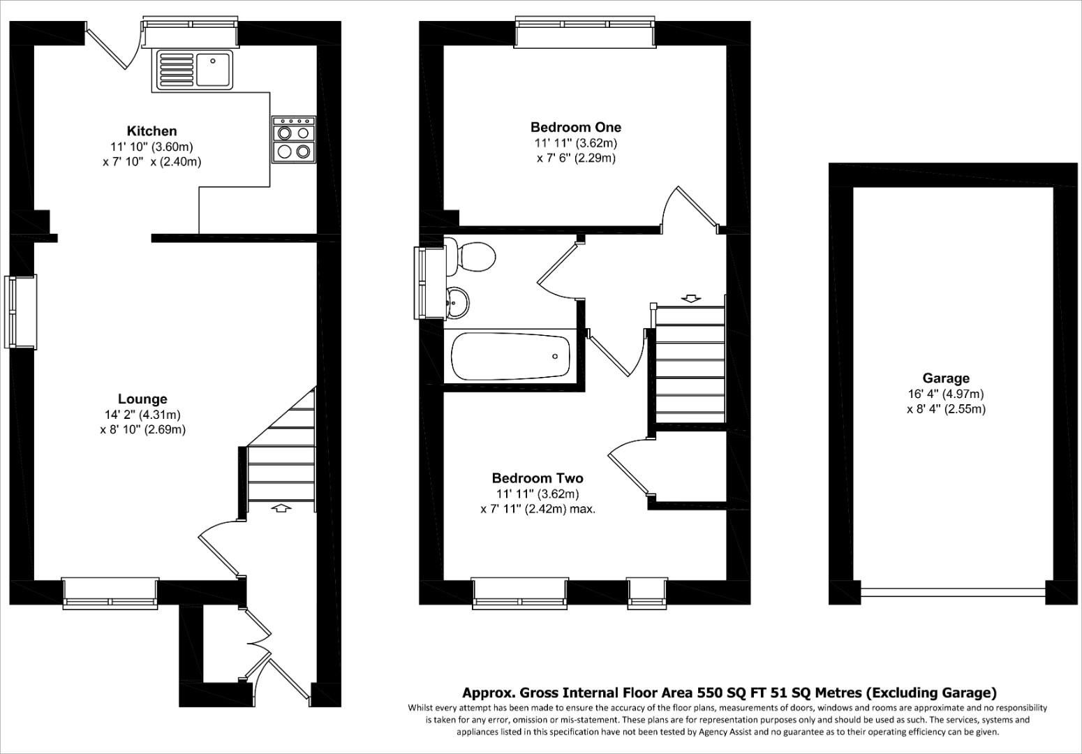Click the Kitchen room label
click(x=151, y=131)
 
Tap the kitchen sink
click(x=195, y=69)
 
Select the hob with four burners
click(x=294, y=140)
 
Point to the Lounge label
click(x=142, y=399)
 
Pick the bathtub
click(x=510, y=356)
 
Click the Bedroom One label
click(x=575, y=127)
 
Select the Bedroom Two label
click(x=537, y=478)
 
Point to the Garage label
click(x=946, y=378)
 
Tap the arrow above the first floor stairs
click(x=691, y=299)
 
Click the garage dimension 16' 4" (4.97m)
click(x=946, y=394)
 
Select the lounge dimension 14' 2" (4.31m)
click(x=142, y=415)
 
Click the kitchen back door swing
click(x=112, y=47)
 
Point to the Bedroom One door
click(x=690, y=207)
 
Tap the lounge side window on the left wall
click(x=21, y=312)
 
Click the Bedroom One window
click(x=585, y=24)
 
